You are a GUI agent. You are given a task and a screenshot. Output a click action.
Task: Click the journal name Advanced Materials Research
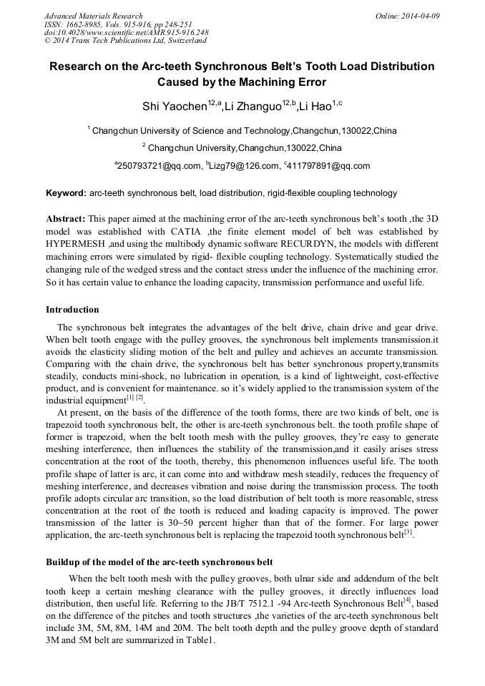tap(93, 16)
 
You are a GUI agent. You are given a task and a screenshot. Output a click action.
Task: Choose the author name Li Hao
tap(315, 107)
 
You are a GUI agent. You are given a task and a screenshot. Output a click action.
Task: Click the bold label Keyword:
tap(66, 193)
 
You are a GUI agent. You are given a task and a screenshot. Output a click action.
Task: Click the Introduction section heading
tap(72, 310)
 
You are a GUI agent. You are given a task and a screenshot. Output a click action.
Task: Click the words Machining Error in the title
tap(275, 82)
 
